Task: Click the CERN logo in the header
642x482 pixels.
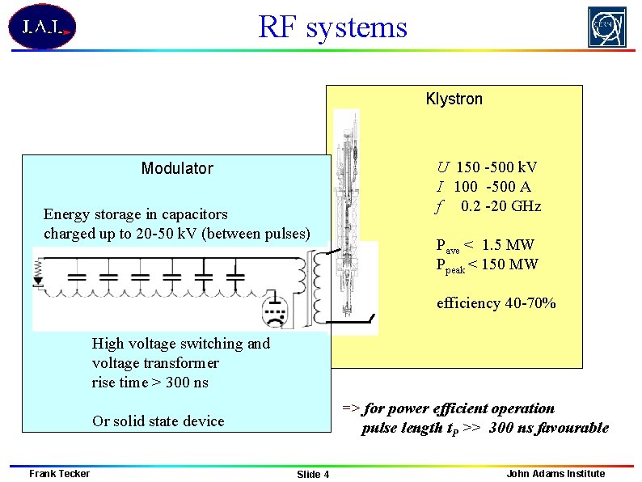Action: click(x=606, y=27)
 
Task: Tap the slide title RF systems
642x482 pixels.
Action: click(x=332, y=27)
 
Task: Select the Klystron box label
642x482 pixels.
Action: click(x=454, y=99)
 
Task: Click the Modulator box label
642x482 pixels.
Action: click(x=177, y=168)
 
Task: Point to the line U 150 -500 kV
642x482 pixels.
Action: click(x=487, y=167)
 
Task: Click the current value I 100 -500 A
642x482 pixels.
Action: click(x=484, y=187)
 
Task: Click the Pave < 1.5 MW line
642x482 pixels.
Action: click(x=485, y=245)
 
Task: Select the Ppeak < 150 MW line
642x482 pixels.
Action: click(x=487, y=264)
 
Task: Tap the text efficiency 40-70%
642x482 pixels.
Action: click(x=496, y=303)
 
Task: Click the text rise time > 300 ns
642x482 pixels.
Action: click(x=150, y=383)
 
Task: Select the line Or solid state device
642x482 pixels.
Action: click(x=158, y=421)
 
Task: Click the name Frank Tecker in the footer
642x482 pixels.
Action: click(x=59, y=473)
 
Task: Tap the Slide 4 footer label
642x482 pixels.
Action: click(x=313, y=474)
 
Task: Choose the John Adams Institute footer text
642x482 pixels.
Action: click(x=555, y=473)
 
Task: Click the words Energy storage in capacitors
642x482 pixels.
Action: click(x=136, y=214)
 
